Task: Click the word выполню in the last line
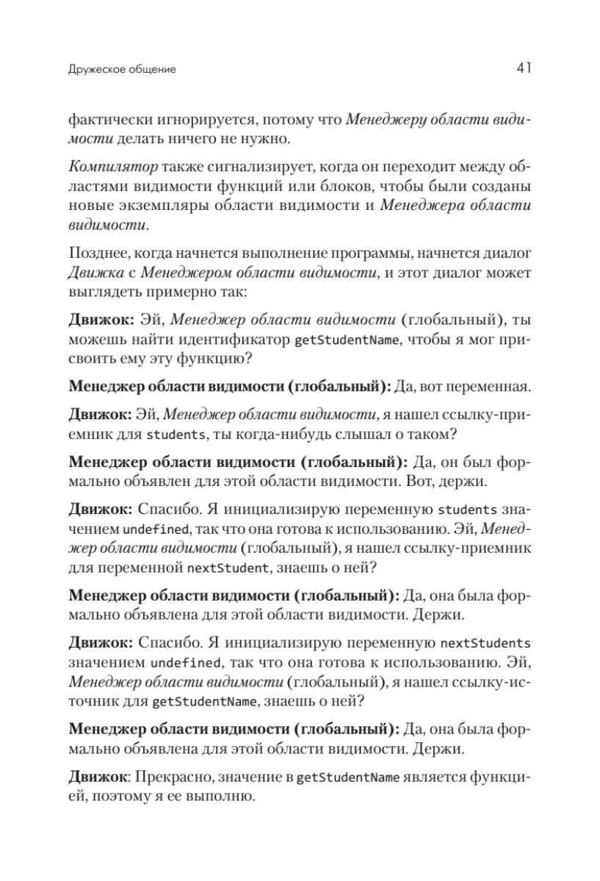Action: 228,796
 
